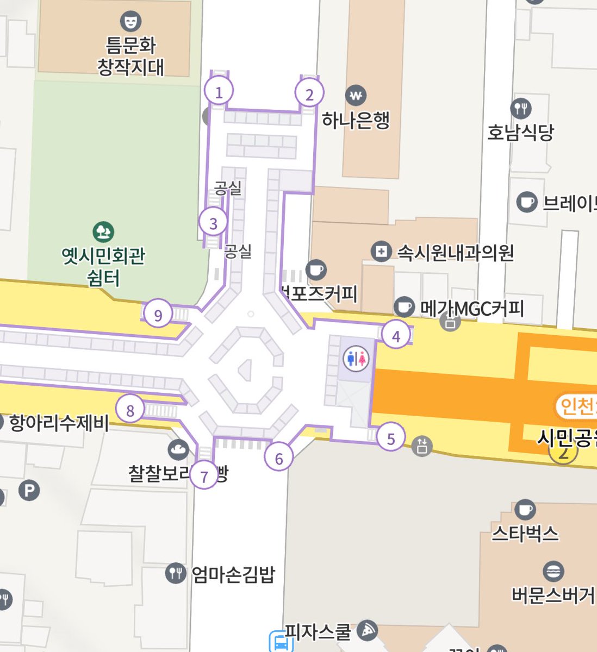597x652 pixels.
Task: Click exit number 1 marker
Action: pos(219,92)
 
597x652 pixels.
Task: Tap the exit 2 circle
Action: pos(309,95)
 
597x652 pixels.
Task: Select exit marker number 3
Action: pos(213,223)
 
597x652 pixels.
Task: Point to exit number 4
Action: pos(396,336)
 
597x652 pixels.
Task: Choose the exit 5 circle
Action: pos(391,438)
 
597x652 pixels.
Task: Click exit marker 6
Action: pos(279,458)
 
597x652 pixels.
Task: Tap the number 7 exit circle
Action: pos(204,476)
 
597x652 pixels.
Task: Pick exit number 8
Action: pos(130,410)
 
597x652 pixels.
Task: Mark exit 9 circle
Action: pos(158,315)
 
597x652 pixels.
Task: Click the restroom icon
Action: pos(357,359)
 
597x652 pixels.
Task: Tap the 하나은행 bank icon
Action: pos(356,96)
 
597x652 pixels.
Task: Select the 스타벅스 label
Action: pos(525,534)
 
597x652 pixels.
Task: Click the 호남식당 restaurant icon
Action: pos(521,108)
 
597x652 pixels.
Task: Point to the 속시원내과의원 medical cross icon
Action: pos(381,252)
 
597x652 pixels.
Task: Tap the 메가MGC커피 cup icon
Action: pos(403,307)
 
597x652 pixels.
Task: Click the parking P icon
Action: pos(29,491)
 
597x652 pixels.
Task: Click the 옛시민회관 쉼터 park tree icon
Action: pos(103,232)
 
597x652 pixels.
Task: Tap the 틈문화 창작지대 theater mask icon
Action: pos(130,21)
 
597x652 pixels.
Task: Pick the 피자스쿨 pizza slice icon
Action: pos(368,630)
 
